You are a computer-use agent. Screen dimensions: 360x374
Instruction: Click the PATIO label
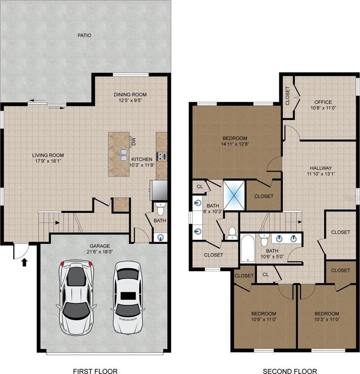coord(84,35)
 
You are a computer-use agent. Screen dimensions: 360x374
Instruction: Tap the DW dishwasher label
coord(134,142)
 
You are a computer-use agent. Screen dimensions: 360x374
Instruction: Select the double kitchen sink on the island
coord(124,155)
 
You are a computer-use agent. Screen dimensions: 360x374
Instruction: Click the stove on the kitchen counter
coord(162,156)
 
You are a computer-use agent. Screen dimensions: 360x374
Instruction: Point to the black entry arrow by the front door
coord(24,263)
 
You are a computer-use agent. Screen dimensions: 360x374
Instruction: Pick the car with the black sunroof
coord(128,297)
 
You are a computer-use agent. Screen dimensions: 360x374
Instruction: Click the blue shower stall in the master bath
coord(234,195)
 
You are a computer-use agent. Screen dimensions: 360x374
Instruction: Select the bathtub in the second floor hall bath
coord(248,248)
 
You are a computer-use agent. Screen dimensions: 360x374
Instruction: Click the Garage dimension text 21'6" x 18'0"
coord(100,251)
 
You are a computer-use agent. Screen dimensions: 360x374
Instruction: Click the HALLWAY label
coord(321,168)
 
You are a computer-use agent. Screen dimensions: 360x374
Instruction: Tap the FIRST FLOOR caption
coord(95,371)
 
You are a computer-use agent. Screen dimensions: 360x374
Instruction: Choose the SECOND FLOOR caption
coord(290,371)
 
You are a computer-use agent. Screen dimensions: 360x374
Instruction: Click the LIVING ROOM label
coord(48,155)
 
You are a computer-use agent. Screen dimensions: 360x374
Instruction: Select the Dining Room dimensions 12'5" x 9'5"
coord(130,100)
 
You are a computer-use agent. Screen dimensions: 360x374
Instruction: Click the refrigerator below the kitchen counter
coord(159,190)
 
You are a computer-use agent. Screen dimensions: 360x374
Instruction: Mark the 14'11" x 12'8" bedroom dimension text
coord(235,144)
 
